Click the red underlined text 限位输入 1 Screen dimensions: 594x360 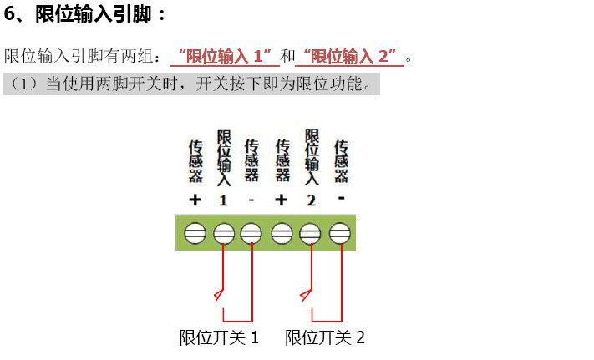click(225, 57)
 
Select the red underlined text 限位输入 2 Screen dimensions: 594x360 click(349, 57)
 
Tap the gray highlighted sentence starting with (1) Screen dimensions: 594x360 click(191, 84)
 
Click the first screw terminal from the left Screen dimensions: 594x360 click(195, 233)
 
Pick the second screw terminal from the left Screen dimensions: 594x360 click(223, 233)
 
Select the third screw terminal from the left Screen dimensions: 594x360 click(251, 233)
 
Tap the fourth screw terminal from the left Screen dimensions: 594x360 click(282, 233)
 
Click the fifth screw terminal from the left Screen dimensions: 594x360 click(311, 233)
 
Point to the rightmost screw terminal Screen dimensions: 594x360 click(339, 233)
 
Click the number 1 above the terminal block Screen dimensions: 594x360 click(223, 200)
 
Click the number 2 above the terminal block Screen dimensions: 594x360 click(311, 200)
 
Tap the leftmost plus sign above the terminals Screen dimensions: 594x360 click(195, 200)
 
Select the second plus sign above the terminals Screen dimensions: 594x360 click(282, 200)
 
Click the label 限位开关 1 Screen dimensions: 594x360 click(220, 338)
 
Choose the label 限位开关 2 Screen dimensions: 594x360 click(325, 338)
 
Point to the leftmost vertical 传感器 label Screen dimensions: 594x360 click(195, 161)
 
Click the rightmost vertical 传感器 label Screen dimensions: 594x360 click(341, 161)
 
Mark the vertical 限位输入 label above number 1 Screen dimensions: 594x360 click(224, 157)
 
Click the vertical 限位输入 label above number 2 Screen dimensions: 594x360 click(312, 157)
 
